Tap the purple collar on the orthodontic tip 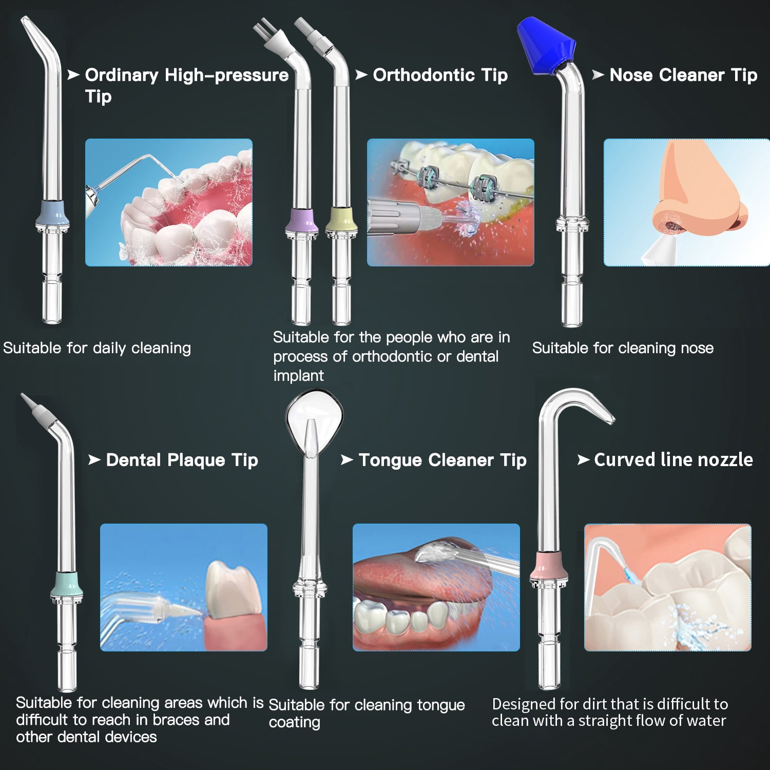302,220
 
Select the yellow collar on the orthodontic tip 341,220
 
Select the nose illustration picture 687,202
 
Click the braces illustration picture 451,202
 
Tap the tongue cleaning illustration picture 436,587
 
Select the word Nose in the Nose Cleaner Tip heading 631,75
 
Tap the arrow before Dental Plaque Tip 94,459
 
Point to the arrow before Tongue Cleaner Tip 347,459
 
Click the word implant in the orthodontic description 298,376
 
